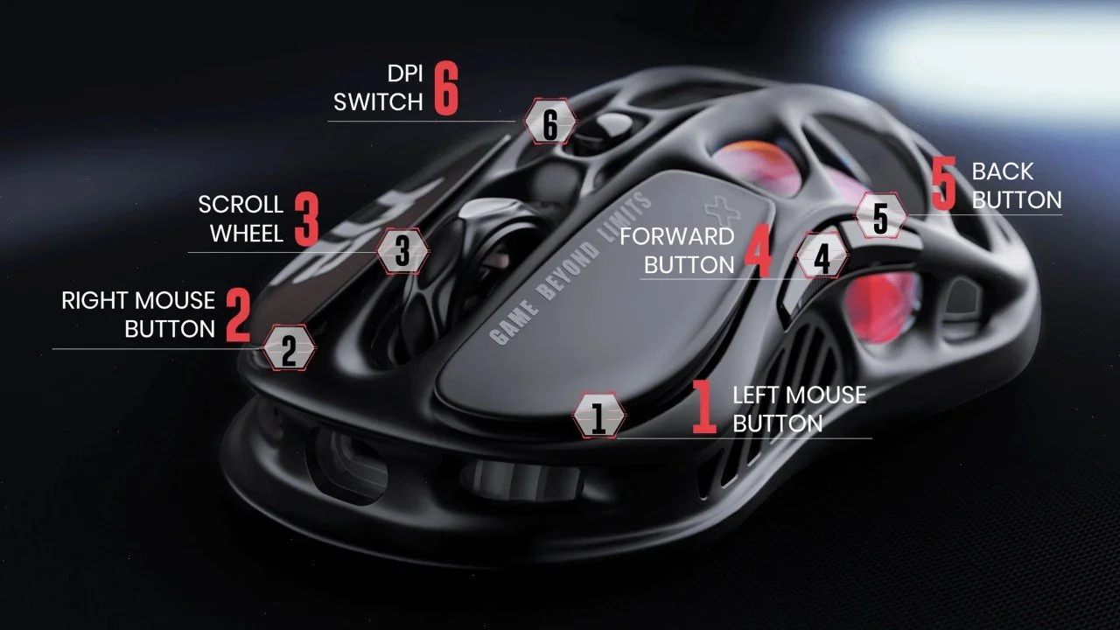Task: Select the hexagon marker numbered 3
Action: click(402, 252)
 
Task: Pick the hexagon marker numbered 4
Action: click(822, 258)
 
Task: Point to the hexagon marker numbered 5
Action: click(880, 216)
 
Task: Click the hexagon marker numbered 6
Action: click(549, 123)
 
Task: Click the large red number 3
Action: click(306, 219)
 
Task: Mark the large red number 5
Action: click(944, 185)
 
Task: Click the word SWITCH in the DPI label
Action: click(378, 102)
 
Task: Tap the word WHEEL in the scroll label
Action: click(247, 234)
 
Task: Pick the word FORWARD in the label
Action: click(676, 236)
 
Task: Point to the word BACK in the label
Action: click(1003, 171)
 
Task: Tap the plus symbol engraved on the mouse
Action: click(720, 210)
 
